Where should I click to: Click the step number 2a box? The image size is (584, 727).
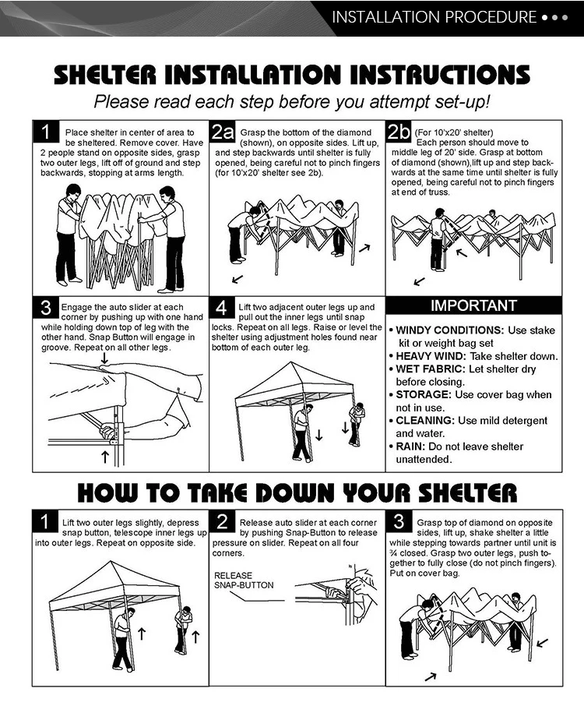(223, 132)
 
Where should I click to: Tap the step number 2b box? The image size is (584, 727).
(399, 132)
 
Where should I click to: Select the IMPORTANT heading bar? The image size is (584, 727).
(473, 305)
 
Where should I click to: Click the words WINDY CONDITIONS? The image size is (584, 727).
(449, 330)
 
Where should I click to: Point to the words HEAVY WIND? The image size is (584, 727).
(431, 357)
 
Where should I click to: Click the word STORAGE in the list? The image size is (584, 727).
(423, 395)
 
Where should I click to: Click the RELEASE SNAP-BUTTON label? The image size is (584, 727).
(244, 580)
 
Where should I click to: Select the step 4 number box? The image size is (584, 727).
(222, 308)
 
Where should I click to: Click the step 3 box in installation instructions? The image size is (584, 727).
(45, 308)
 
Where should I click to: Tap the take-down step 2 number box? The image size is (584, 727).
(222, 521)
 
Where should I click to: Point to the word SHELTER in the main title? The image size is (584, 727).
(105, 75)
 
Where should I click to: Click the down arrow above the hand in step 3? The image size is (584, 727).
(105, 358)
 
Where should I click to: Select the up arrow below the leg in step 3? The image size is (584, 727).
(105, 457)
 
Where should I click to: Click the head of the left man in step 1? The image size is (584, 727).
(73, 191)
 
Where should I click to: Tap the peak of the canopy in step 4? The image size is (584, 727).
(292, 362)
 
